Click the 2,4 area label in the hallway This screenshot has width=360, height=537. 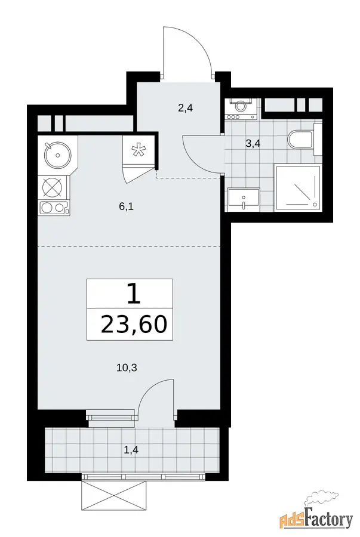[x=185, y=109]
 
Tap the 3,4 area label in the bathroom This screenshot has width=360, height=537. [x=253, y=143]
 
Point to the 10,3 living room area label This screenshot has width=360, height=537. [x=127, y=368]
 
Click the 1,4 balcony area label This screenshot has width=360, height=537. [x=131, y=450]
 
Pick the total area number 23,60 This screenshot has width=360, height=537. [x=134, y=325]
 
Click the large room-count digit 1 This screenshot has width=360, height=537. [x=134, y=294]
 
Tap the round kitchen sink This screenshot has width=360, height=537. [x=57, y=155]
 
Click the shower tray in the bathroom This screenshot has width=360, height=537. [x=298, y=189]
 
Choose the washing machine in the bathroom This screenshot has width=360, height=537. [x=241, y=109]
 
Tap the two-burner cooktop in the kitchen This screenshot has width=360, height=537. [x=55, y=208]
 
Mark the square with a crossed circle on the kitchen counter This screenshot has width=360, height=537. [x=53, y=188]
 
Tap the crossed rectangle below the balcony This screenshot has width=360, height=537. [x=115, y=496]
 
